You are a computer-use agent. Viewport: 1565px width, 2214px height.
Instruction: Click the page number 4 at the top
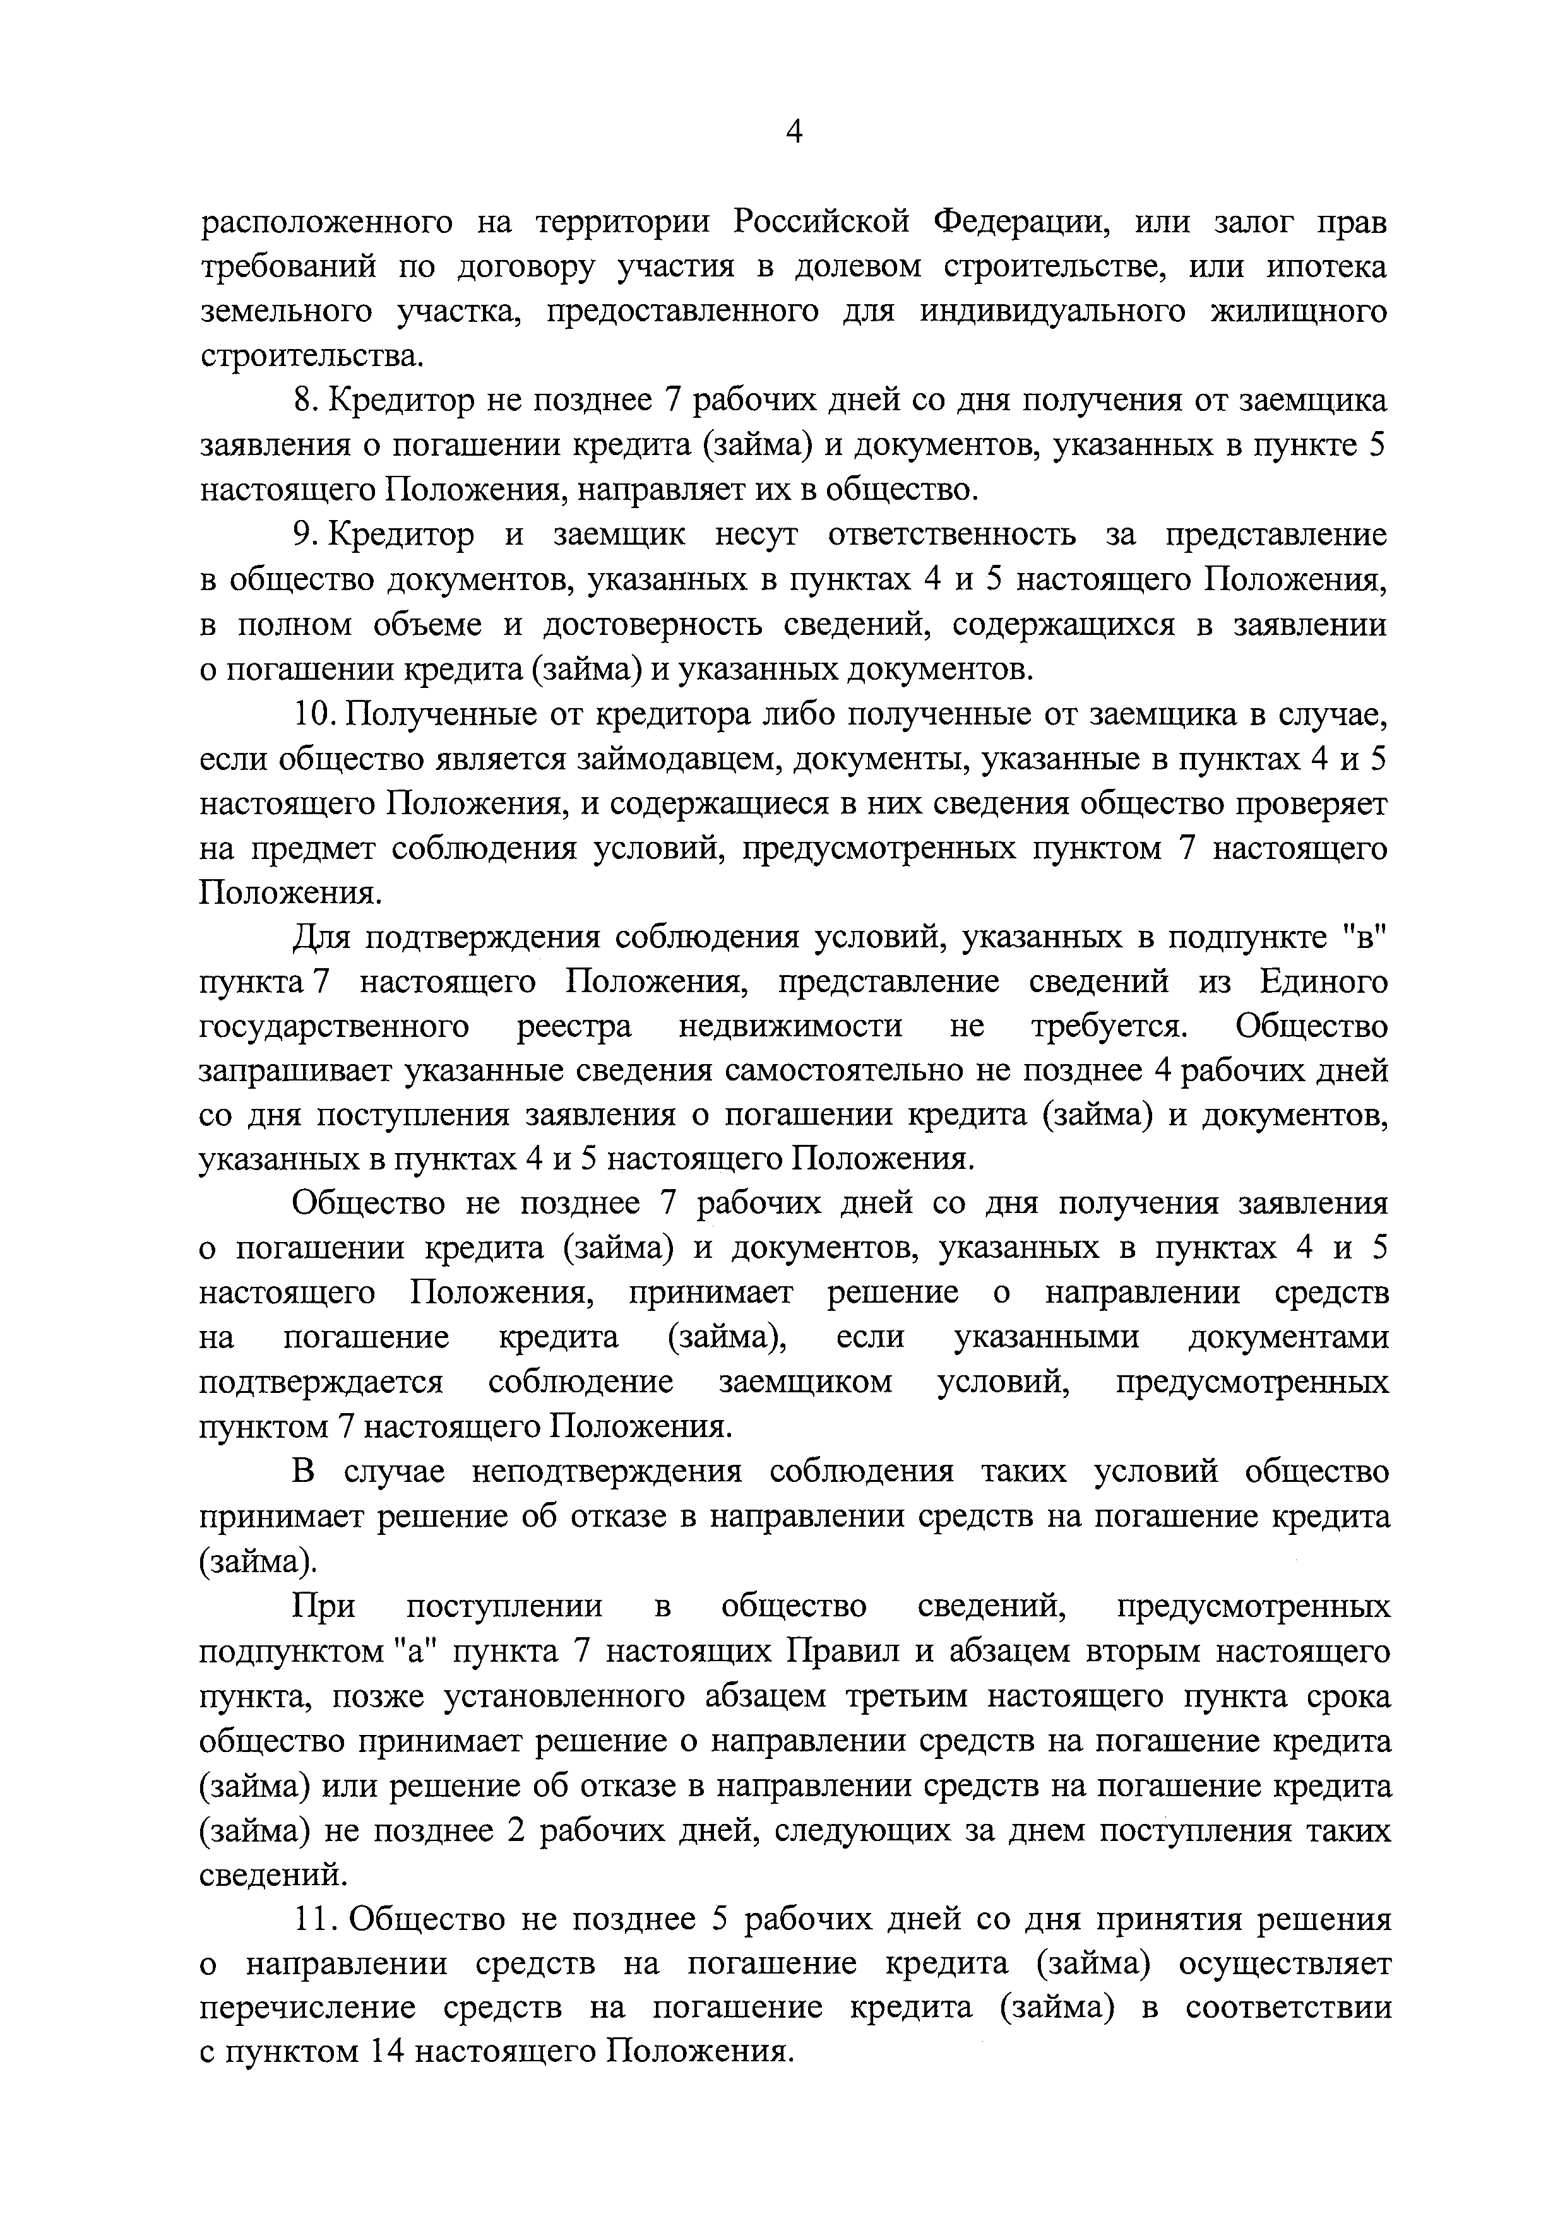coord(793,132)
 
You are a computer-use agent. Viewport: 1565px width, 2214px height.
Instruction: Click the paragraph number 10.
coord(312,714)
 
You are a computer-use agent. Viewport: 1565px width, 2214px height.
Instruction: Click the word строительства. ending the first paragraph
coord(311,357)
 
